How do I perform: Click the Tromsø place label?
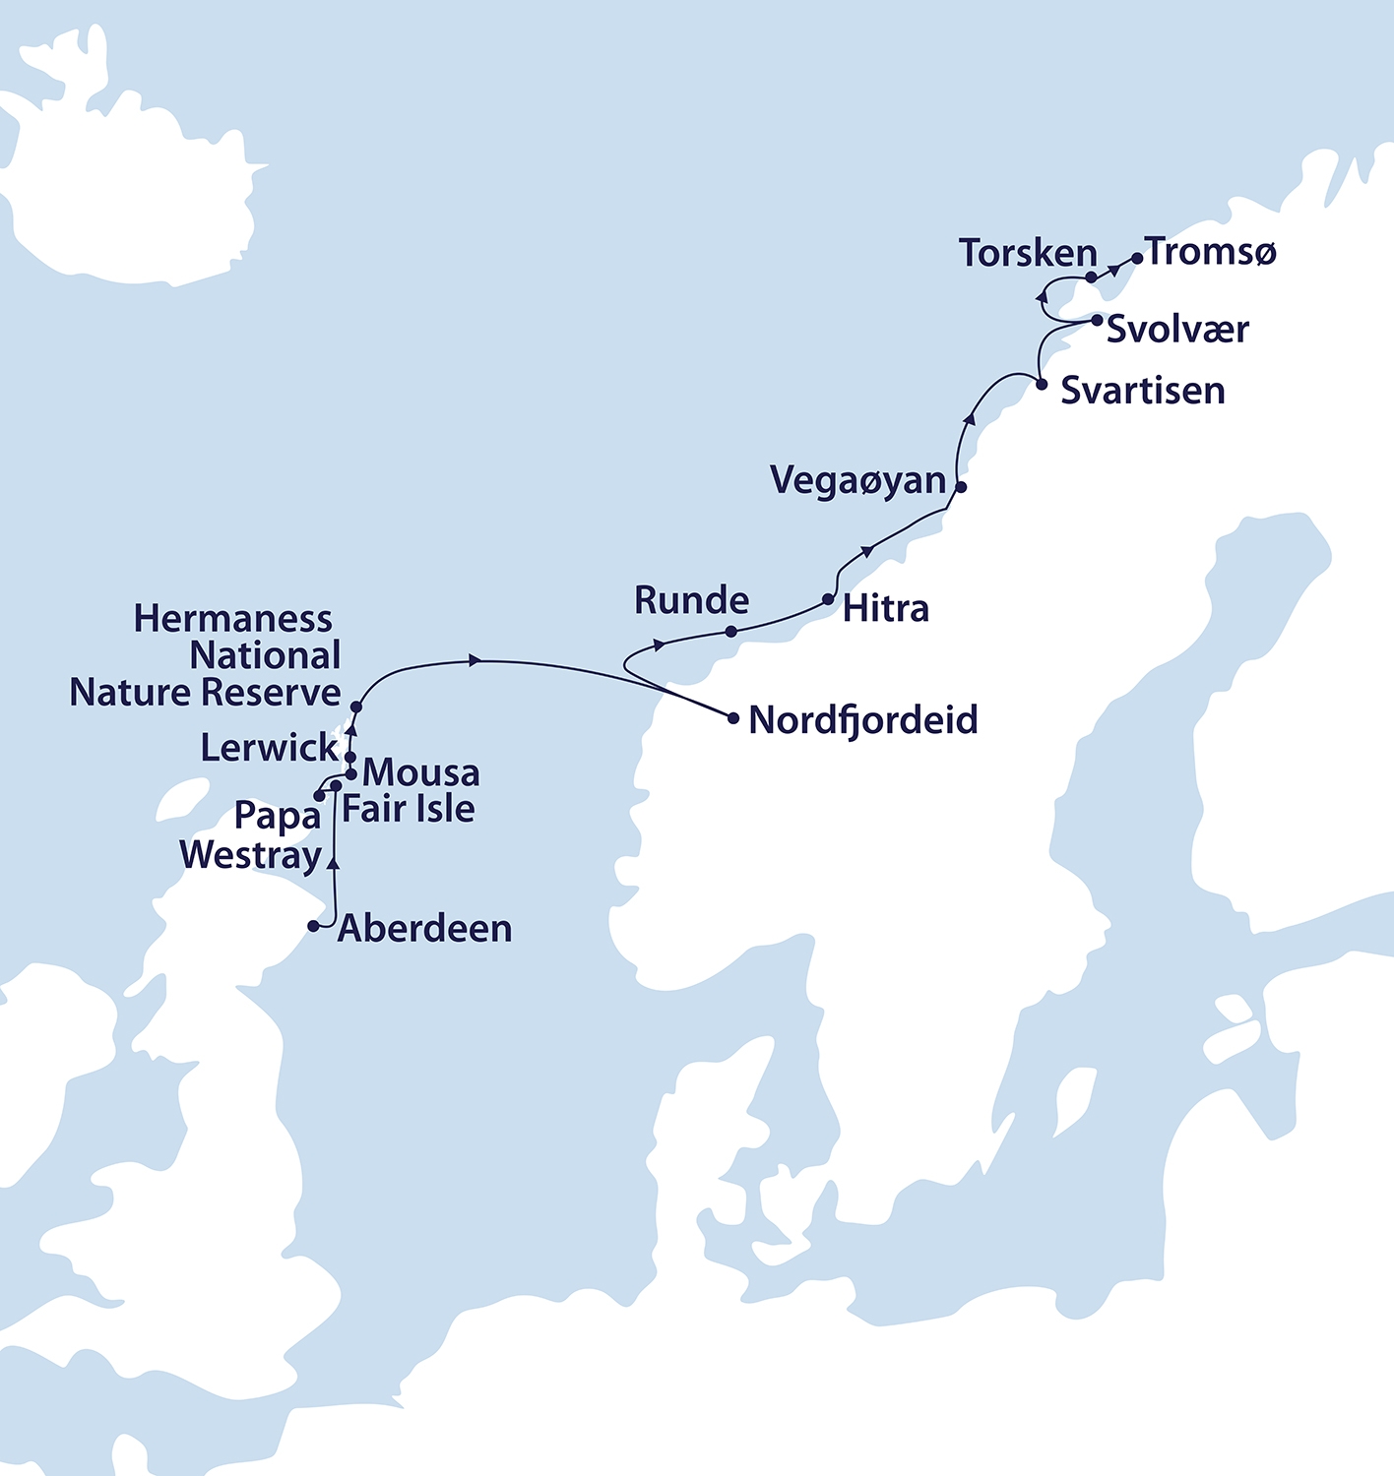pos(1212,252)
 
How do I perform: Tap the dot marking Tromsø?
pos(1137,259)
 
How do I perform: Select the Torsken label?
pos(1028,253)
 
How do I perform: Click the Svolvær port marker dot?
pos(1098,320)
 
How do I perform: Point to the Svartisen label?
pos(1142,391)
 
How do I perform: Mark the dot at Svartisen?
pos(1043,385)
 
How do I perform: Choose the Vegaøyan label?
pos(857,480)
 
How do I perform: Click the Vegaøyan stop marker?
pos(962,487)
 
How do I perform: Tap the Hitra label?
pos(885,609)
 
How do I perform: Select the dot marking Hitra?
pos(828,599)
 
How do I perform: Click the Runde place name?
pos(691,600)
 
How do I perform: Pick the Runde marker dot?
pos(730,632)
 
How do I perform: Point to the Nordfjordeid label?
pos(863,720)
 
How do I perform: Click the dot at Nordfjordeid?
pos(733,718)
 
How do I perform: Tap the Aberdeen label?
pos(424,929)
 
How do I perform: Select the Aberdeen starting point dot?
pos(314,926)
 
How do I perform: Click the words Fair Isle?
pos(409,809)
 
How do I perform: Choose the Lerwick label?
pos(269,748)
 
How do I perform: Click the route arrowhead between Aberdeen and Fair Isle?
pos(334,863)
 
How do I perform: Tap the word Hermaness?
pos(233,619)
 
